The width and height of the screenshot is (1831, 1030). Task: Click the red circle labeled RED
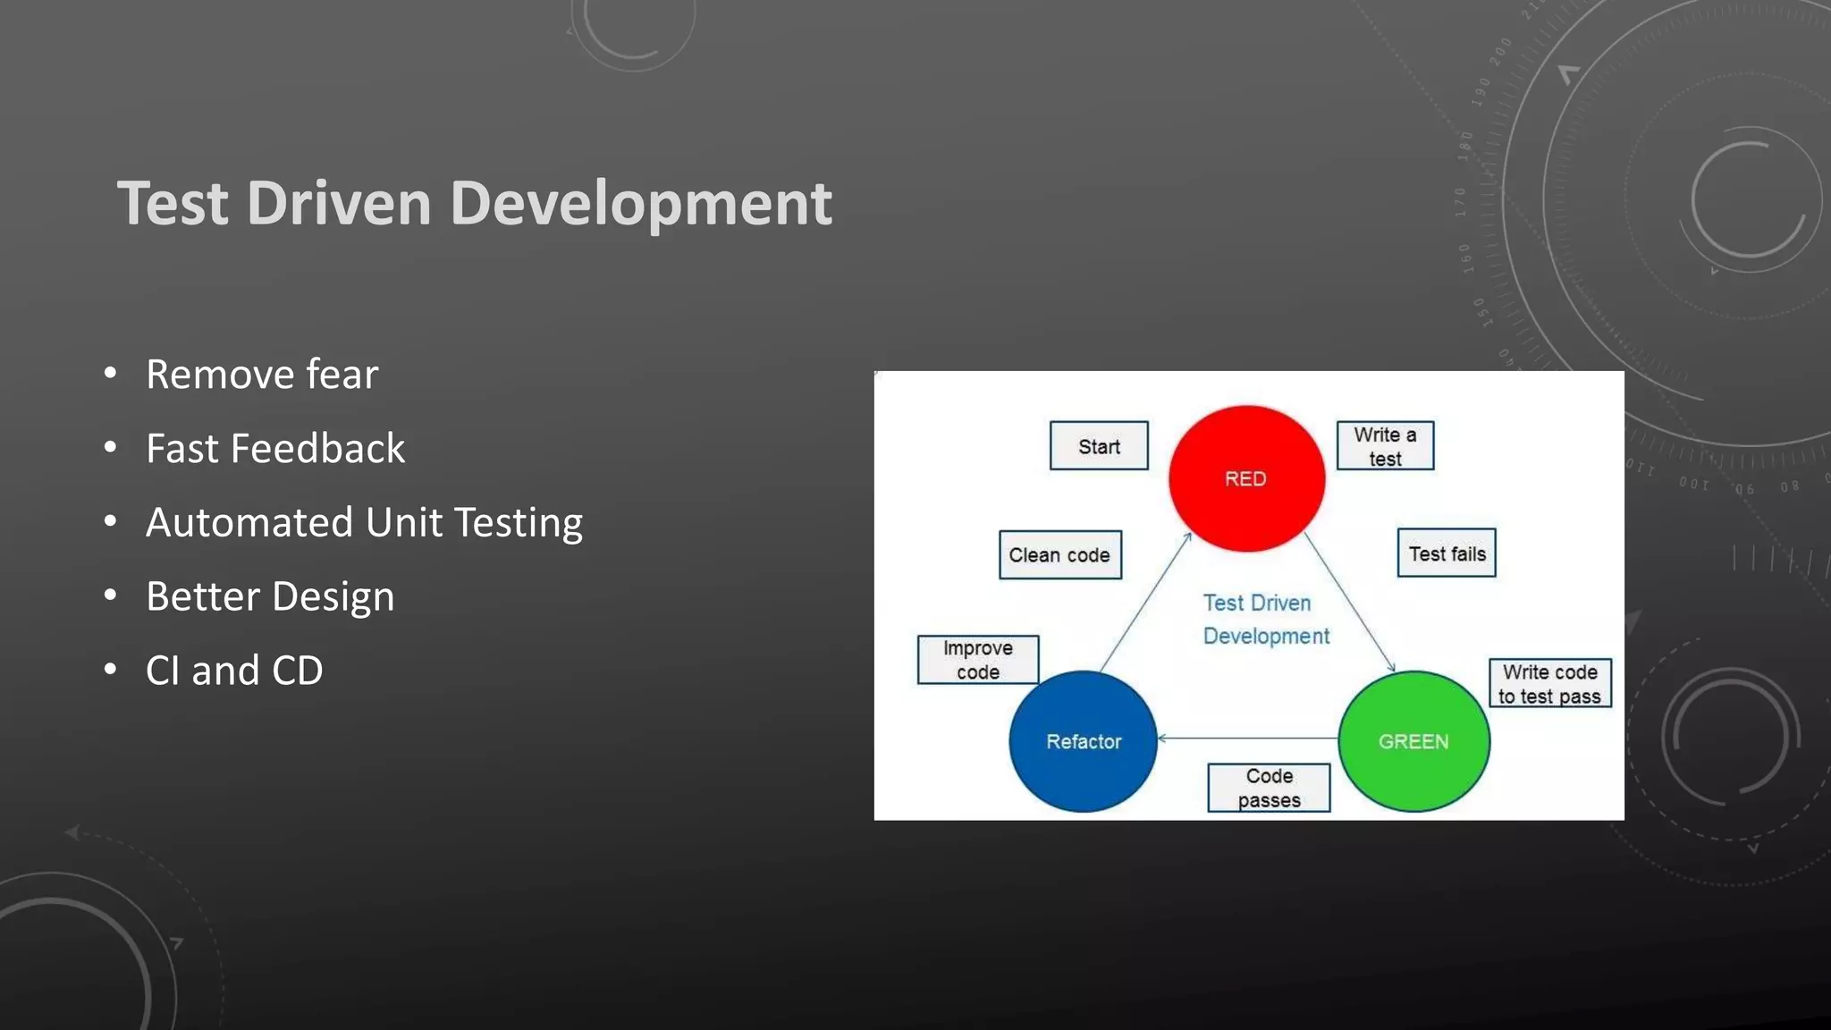1246,478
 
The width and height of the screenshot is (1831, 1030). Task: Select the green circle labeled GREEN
1413,741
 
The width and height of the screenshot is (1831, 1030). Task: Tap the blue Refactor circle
1083,741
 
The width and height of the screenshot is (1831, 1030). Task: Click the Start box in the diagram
1099,446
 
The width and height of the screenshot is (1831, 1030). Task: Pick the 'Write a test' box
1385,446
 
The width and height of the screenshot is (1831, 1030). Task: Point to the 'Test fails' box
1447,553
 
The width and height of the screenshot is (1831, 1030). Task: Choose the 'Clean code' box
1059,555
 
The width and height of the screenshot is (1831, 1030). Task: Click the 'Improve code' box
978,660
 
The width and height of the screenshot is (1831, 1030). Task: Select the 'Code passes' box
1269,788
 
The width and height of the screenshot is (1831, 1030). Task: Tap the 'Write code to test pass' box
1549,684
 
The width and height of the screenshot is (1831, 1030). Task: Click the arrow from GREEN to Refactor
1247,739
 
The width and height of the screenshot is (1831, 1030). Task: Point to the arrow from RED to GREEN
1350,602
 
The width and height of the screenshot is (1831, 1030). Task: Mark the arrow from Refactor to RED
1145,602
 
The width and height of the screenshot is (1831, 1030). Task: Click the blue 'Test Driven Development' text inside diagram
1265,619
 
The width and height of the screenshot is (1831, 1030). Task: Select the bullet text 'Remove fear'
262,374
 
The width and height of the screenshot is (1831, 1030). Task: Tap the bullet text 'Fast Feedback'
275,448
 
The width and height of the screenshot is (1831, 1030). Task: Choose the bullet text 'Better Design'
270,596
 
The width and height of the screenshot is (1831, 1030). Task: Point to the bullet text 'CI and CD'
234,671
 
